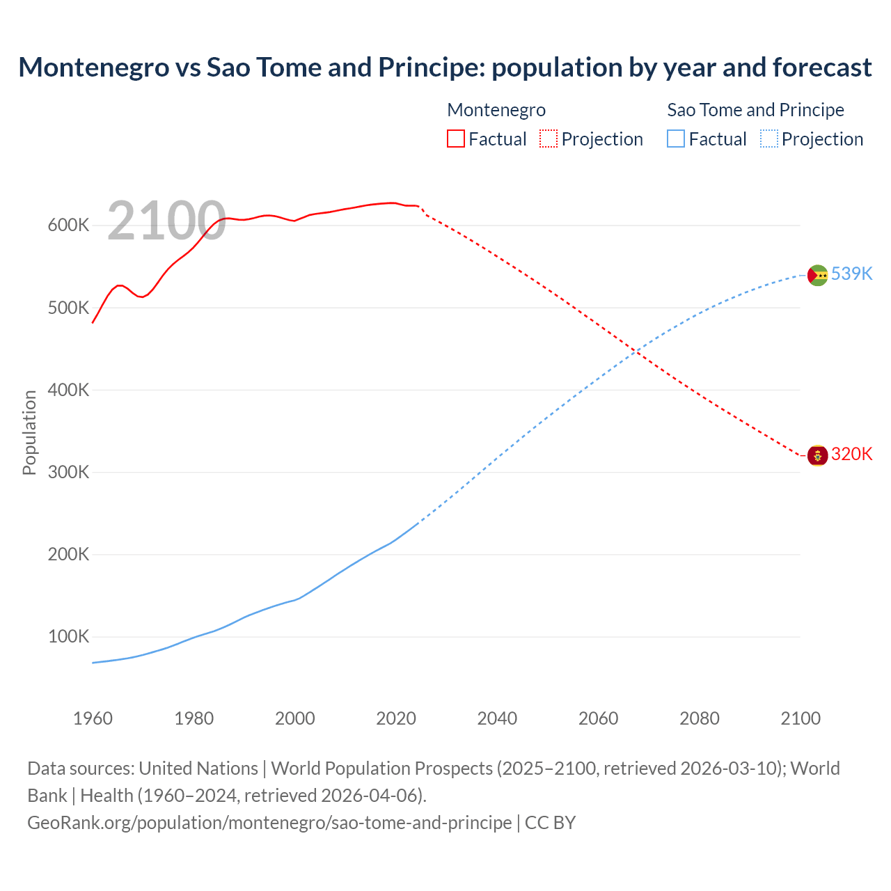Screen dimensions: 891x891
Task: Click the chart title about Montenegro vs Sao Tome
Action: (x=445, y=68)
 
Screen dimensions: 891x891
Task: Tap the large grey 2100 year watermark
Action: (x=166, y=221)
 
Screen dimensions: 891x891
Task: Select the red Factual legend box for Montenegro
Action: (x=455, y=139)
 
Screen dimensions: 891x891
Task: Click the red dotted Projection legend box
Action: (x=549, y=139)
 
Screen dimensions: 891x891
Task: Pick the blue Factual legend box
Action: (x=675, y=139)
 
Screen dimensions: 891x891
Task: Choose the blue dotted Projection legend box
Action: (x=768, y=139)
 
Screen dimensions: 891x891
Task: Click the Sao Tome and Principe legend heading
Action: (x=755, y=110)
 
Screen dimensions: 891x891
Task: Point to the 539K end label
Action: (x=851, y=274)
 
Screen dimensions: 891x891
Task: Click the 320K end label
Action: (x=851, y=454)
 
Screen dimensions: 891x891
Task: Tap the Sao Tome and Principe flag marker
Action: (x=817, y=276)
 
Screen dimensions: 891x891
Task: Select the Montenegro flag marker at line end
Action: (x=817, y=456)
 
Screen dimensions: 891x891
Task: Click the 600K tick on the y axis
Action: (x=68, y=226)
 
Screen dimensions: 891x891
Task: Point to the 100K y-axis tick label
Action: (x=68, y=637)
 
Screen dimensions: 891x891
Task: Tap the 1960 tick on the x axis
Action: (x=93, y=718)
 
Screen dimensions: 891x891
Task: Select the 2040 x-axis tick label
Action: (x=497, y=718)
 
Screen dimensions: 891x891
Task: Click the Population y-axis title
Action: (x=29, y=432)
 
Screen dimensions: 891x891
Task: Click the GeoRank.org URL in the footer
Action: (x=269, y=823)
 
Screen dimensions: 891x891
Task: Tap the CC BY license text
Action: (x=550, y=823)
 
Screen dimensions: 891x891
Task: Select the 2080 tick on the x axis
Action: (x=700, y=718)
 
